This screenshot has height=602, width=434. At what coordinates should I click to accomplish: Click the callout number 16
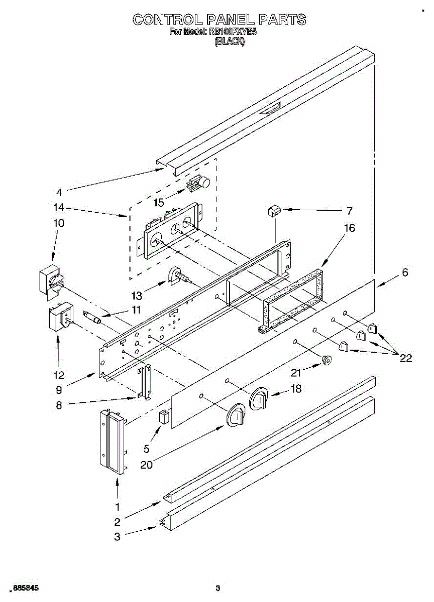[x=349, y=228]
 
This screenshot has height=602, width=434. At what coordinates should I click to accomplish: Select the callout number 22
[x=405, y=358]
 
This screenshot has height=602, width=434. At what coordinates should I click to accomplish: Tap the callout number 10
[x=59, y=223]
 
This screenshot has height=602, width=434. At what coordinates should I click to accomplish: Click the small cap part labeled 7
[x=274, y=210]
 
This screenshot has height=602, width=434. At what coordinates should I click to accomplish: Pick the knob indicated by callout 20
[x=236, y=416]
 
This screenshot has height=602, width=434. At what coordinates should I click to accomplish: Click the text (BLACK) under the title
[x=229, y=43]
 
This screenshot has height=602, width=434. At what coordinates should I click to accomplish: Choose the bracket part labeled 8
[x=145, y=383]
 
